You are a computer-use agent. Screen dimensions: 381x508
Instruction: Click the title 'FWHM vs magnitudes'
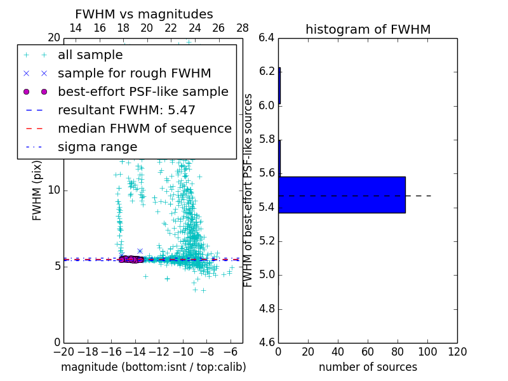tap(144, 14)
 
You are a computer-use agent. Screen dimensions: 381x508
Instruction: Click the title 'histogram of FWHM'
tap(368, 29)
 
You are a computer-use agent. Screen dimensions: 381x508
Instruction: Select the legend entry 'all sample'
tap(90, 55)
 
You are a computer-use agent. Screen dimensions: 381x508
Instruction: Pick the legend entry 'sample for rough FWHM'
tap(134, 74)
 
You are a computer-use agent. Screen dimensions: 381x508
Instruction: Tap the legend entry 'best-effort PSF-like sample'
tap(143, 92)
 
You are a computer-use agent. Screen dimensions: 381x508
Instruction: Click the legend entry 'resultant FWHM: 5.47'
tap(126, 110)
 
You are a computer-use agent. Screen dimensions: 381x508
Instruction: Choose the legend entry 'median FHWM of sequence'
tap(144, 129)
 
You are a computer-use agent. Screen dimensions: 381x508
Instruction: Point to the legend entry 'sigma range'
tap(97, 147)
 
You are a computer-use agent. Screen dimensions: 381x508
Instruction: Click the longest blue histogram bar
tap(342, 195)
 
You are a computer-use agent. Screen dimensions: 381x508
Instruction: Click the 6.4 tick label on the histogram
tap(266, 37)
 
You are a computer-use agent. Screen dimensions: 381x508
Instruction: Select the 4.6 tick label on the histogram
tap(266, 343)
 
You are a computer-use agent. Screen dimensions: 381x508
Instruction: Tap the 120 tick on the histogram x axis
tap(457, 352)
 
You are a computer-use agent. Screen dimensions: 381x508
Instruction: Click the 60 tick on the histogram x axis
tap(368, 352)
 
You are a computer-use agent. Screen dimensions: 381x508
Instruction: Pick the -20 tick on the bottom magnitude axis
tap(63, 352)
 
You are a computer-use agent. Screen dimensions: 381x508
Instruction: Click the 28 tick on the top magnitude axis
tap(243, 28)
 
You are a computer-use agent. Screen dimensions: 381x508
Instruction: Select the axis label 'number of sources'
tap(368, 367)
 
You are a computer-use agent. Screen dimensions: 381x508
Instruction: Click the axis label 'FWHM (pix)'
tap(37, 190)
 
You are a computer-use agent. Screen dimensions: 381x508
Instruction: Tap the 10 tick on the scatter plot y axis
tap(53, 190)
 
